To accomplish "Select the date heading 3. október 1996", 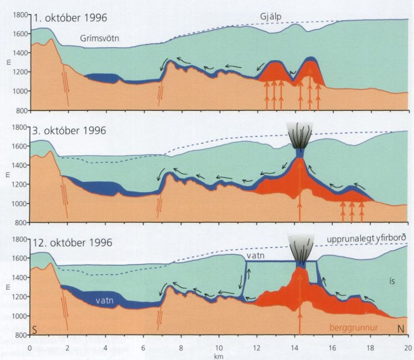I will [x=70, y=130].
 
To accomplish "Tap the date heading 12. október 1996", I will [x=73, y=243].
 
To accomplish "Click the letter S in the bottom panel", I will [x=34, y=329].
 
